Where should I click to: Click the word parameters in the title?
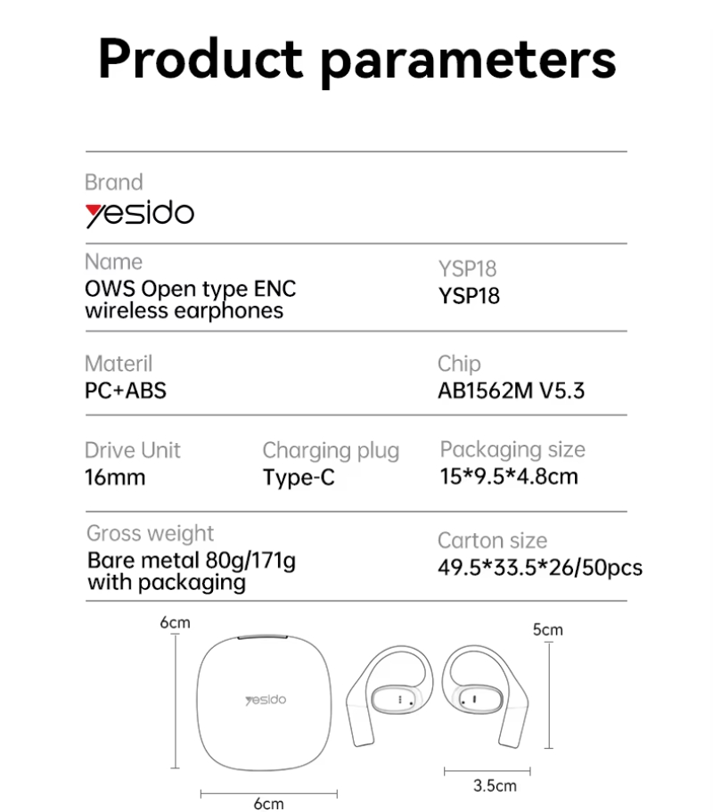(469, 62)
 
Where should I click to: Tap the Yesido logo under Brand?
(140, 214)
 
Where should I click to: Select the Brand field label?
(114, 183)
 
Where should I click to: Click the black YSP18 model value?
(469, 296)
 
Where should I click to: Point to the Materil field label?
(119, 364)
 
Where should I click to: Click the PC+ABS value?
(126, 390)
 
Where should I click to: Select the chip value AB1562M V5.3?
(511, 390)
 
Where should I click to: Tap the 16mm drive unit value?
(115, 477)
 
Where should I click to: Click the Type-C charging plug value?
(299, 478)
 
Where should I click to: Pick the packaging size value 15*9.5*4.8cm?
(509, 477)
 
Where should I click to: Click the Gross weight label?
(150, 534)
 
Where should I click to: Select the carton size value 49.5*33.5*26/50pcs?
(540, 568)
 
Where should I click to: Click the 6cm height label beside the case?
(175, 622)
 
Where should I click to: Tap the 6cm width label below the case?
(269, 803)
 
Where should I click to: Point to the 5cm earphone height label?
(548, 629)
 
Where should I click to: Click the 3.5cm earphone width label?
(495, 785)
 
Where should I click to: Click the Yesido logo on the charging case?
(266, 701)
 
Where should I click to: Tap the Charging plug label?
(331, 451)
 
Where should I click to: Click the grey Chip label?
(459, 364)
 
